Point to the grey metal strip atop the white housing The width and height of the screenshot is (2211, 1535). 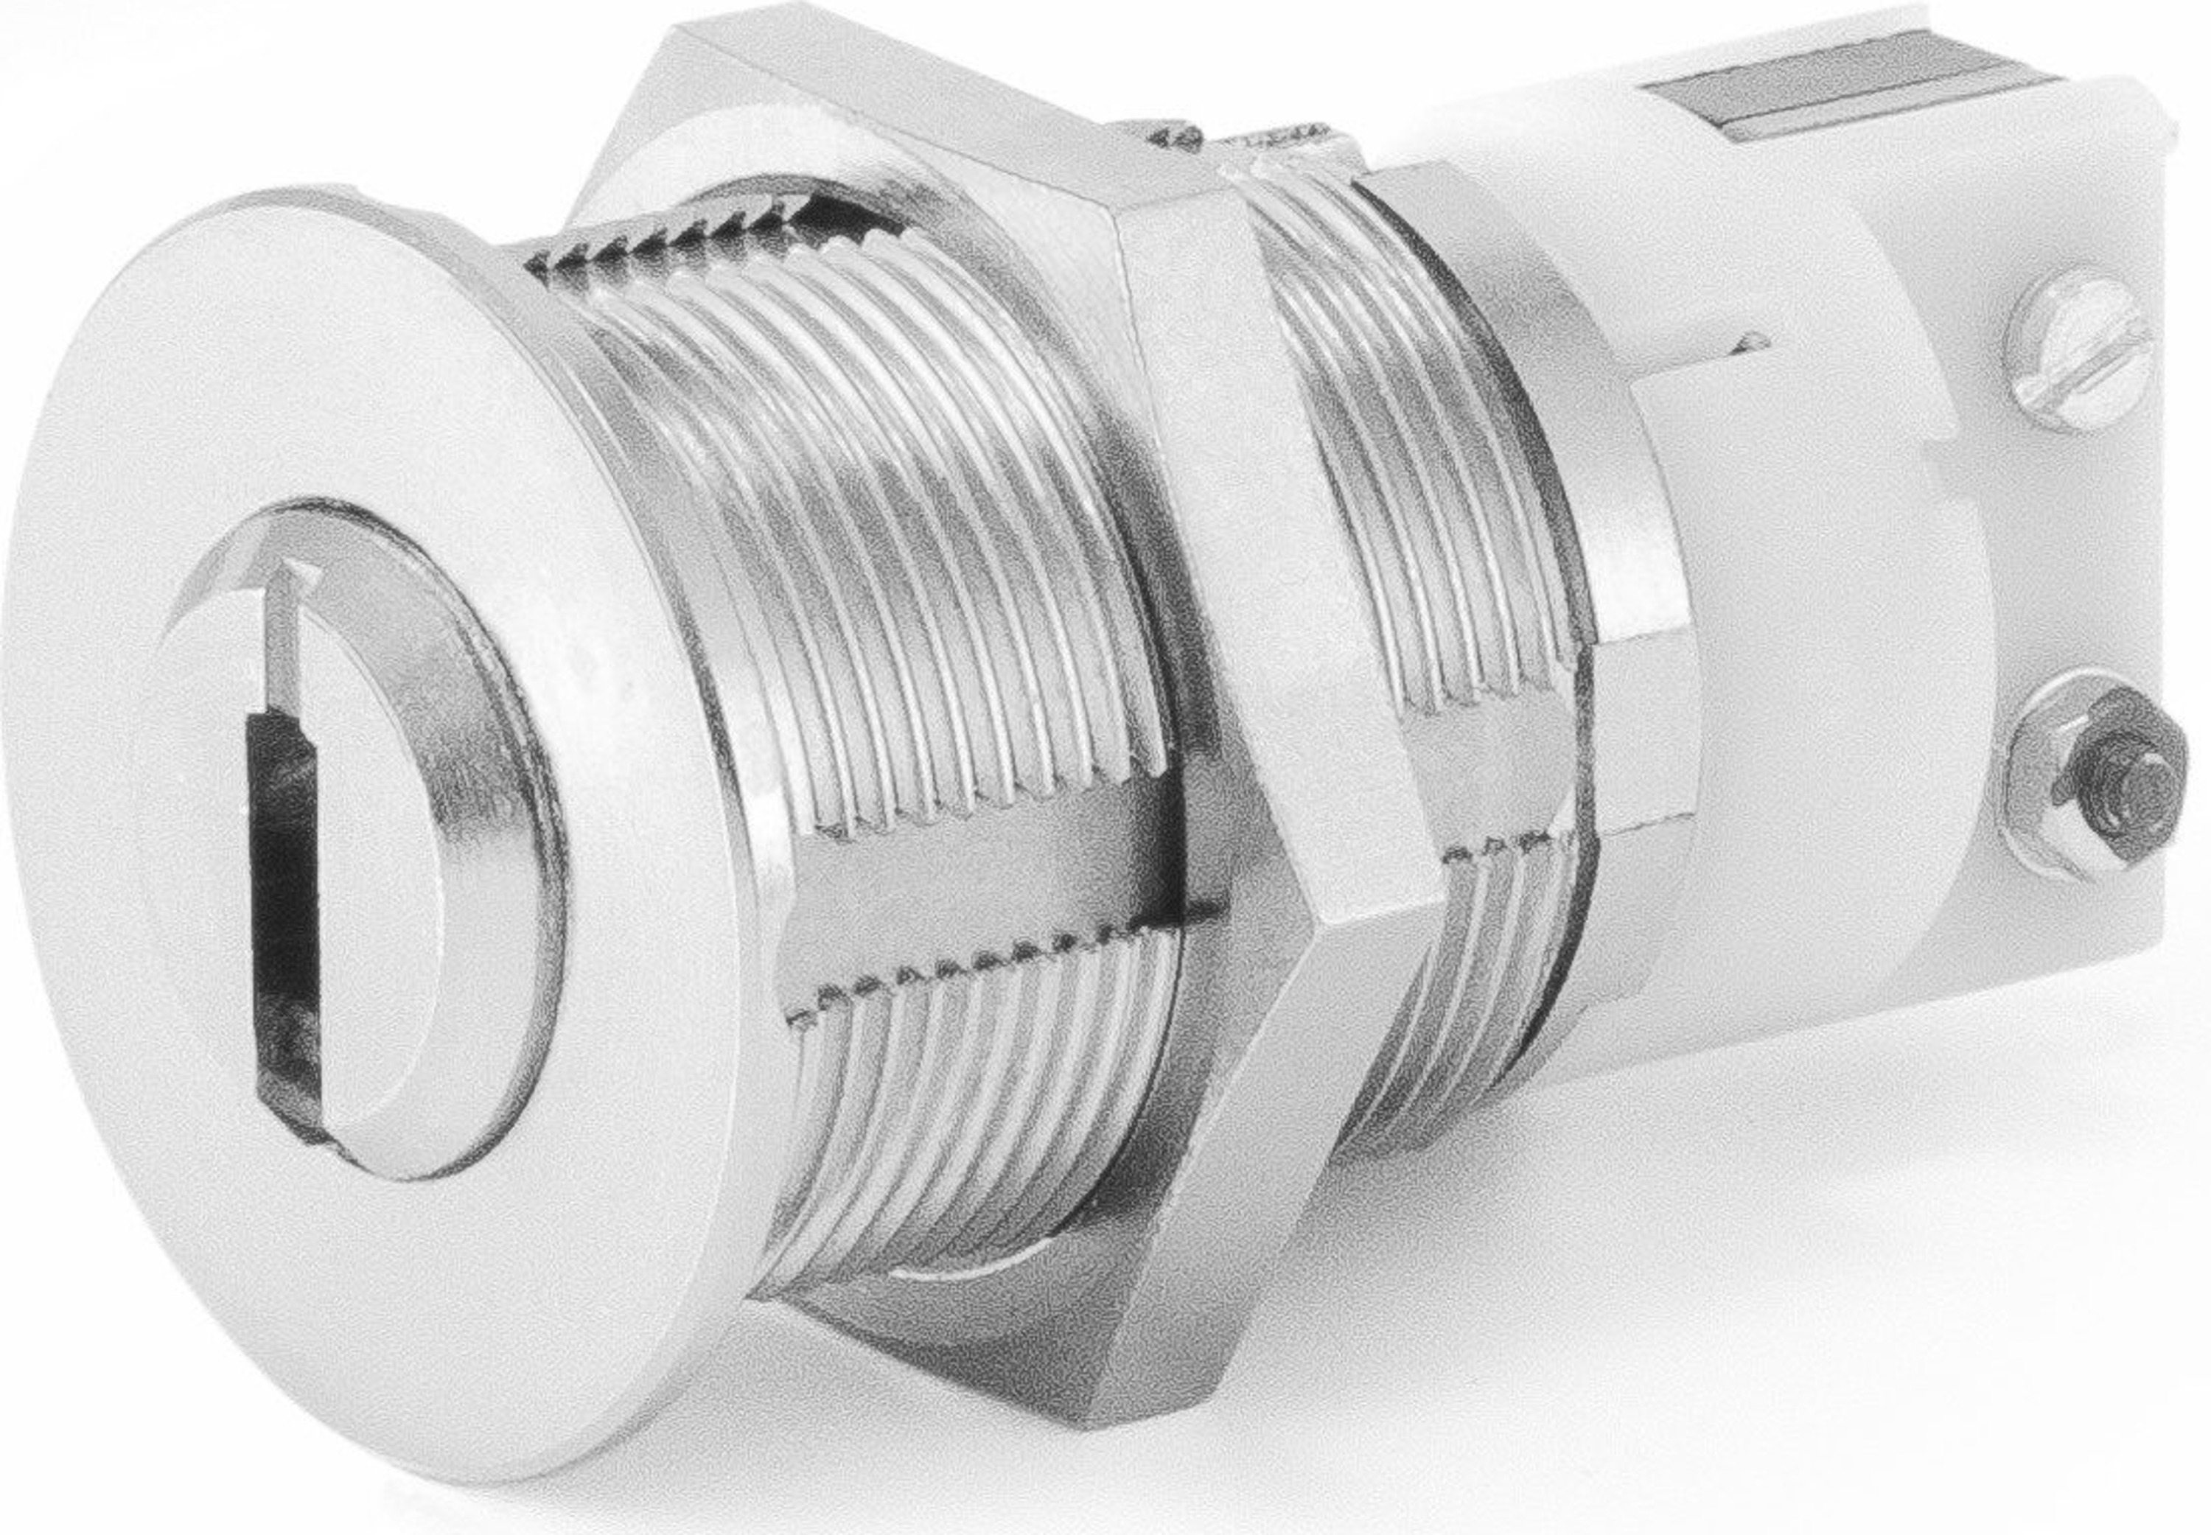[x=1827, y=120]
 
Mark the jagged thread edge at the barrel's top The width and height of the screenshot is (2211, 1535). [x=712, y=231]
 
